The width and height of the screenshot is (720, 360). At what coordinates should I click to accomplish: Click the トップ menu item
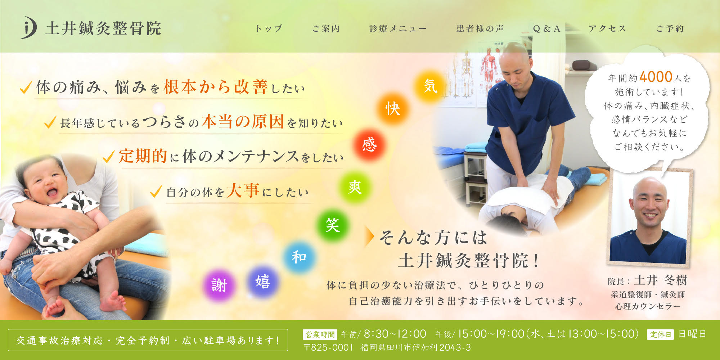tap(269, 28)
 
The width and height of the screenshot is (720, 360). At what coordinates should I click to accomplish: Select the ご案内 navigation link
tap(326, 28)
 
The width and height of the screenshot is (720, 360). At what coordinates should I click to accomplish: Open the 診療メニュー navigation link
tap(398, 28)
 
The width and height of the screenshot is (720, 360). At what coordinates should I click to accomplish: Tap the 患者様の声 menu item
tap(480, 28)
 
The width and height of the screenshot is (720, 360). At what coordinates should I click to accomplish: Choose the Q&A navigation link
tap(546, 28)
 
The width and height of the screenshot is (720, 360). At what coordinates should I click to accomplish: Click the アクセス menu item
tap(607, 28)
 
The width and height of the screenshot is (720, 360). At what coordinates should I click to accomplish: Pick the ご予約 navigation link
tap(670, 28)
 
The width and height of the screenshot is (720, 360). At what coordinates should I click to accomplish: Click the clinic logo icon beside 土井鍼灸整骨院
tap(28, 27)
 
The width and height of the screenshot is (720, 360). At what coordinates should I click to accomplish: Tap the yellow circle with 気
tap(430, 86)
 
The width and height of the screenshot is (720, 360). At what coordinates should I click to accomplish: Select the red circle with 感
tap(369, 145)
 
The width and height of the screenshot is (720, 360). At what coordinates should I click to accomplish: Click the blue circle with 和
tap(299, 257)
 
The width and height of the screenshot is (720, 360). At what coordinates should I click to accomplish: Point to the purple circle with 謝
tap(219, 285)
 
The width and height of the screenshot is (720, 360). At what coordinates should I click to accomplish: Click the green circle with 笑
tap(332, 225)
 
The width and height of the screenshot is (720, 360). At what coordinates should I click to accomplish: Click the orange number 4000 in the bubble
tap(656, 77)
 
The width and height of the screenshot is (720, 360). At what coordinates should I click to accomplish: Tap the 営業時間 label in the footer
tap(320, 334)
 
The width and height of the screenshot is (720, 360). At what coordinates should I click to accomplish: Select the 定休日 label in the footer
tap(660, 334)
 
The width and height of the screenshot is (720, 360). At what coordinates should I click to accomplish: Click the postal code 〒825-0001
tap(329, 347)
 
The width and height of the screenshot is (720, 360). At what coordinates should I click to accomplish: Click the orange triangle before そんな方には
tap(369, 237)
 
